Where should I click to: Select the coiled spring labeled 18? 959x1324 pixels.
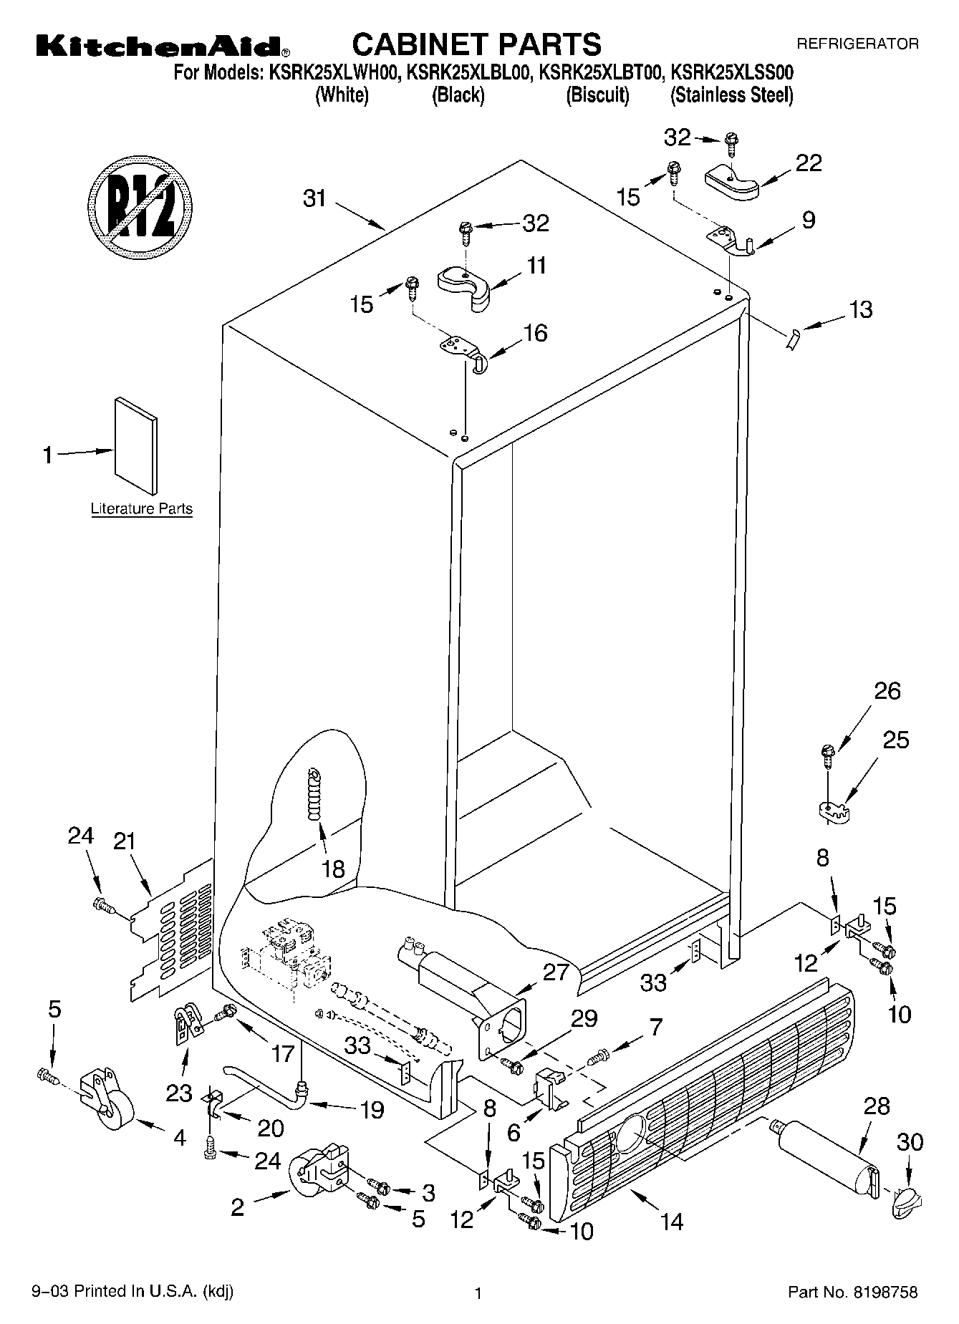click(314, 795)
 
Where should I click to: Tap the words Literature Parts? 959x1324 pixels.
click(141, 509)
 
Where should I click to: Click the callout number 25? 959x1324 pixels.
click(895, 739)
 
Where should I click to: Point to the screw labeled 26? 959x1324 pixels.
click(828, 752)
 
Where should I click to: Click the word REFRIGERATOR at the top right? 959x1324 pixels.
click(857, 44)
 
